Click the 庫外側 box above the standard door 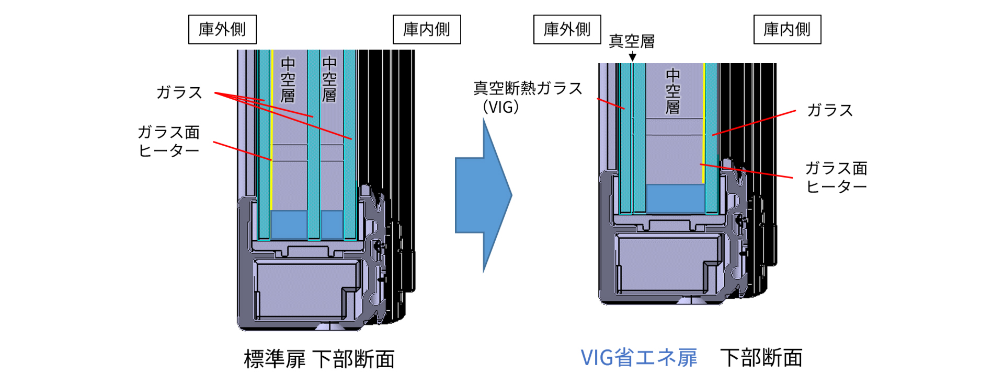pos(222,29)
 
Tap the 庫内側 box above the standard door pos(427,29)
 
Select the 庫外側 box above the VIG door pos(567,29)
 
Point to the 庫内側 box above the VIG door pos(787,29)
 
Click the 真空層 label pos(632,41)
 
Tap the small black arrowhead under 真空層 pos(632,57)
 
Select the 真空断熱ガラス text pos(528,88)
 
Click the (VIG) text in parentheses pos(501,107)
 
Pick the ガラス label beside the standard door pos(179,92)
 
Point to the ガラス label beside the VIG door pos(830,110)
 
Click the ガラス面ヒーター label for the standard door pos(168,141)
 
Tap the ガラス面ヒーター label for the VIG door pos(836,177)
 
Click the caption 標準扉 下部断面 pos(319,359)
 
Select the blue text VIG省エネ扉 pos(639,358)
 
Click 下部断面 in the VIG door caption pos(761,358)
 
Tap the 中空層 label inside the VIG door pos(673,91)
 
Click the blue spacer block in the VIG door pos(675,198)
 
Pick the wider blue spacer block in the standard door pos(289,224)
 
